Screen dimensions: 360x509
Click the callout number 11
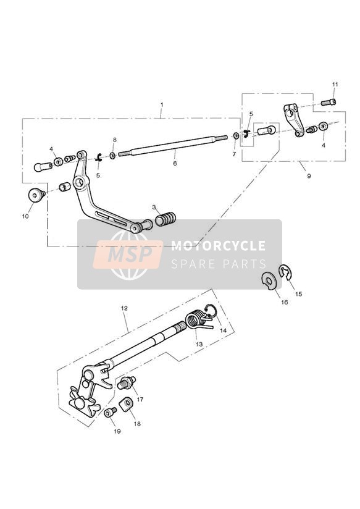(x=335, y=85)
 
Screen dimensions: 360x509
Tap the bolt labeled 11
(x=329, y=103)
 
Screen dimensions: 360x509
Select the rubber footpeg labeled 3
(x=165, y=219)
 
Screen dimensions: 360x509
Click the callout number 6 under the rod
(x=175, y=163)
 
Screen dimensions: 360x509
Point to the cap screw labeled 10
(x=36, y=195)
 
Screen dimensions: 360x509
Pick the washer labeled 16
(x=269, y=279)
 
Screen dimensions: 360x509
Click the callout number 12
(x=124, y=308)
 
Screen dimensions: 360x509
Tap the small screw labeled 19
(x=111, y=413)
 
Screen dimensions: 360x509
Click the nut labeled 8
(x=112, y=156)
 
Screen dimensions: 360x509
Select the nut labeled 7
(x=237, y=135)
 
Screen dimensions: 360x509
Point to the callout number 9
(x=309, y=175)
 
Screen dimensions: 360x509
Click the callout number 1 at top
(x=162, y=105)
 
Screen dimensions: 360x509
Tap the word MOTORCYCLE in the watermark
(x=218, y=246)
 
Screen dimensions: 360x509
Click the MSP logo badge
(x=128, y=254)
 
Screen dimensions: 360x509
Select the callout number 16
(x=285, y=302)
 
